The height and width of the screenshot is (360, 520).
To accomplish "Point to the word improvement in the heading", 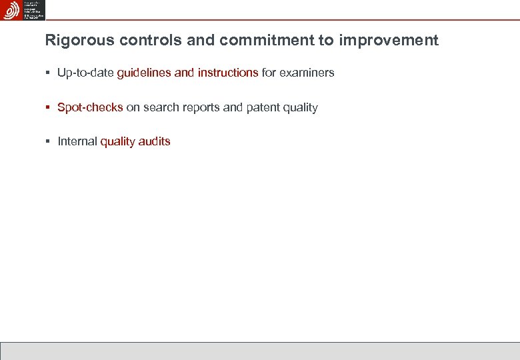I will click(388, 41).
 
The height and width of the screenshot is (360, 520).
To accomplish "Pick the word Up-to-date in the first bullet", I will click(85, 73).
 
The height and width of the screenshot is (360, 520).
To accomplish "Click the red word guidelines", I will click(144, 73).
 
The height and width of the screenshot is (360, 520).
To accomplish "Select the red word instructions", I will click(227, 73).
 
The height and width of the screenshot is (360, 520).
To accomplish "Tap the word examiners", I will click(307, 73).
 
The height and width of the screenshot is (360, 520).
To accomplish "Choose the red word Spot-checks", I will click(90, 107).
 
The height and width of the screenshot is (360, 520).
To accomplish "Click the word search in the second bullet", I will click(159, 107).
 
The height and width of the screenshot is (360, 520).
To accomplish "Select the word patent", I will click(262, 107).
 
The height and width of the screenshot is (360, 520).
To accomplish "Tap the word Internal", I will click(77, 141).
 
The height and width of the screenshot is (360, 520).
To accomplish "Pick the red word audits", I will click(155, 141).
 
